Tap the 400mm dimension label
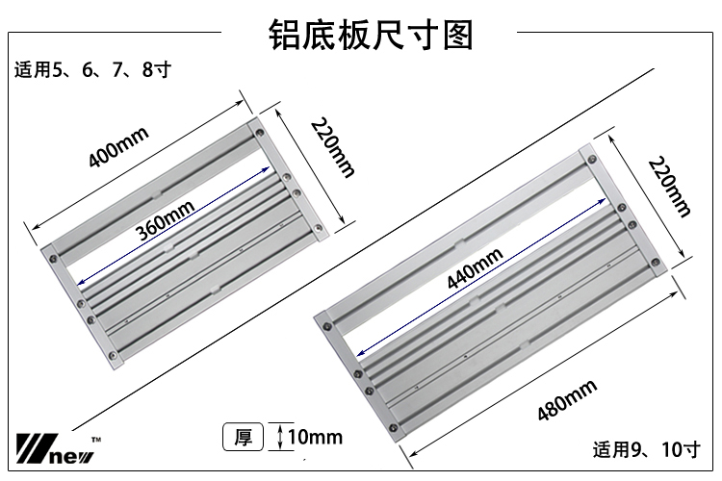click(x=118, y=145)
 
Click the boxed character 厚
click(x=244, y=438)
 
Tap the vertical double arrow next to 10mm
click(x=278, y=438)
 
